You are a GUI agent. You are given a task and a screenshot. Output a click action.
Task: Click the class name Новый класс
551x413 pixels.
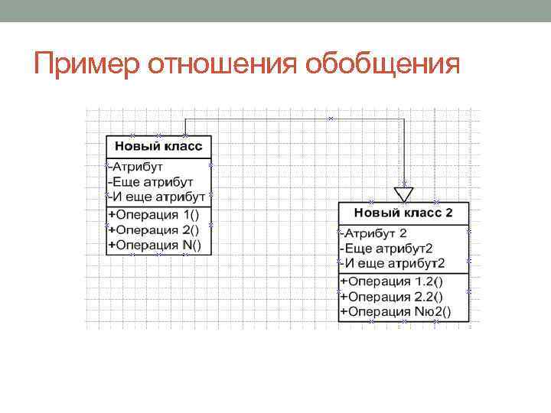[x=158, y=145]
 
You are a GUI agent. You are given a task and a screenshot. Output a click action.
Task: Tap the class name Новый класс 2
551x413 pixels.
[x=403, y=212]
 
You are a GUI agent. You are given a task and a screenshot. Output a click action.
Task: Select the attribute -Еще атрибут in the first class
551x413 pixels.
[x=150, y=182]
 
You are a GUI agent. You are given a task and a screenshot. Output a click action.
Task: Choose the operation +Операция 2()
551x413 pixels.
[x=153, y=229]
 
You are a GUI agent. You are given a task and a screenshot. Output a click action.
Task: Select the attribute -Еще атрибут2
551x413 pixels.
[x=386, y=248]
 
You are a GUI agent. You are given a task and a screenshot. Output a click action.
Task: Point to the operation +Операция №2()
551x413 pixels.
[x=395, y=311]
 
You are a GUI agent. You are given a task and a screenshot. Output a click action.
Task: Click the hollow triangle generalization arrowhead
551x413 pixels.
[x=403, y=193]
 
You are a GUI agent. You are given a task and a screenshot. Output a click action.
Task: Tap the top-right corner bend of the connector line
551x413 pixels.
[x=403, y=119]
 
